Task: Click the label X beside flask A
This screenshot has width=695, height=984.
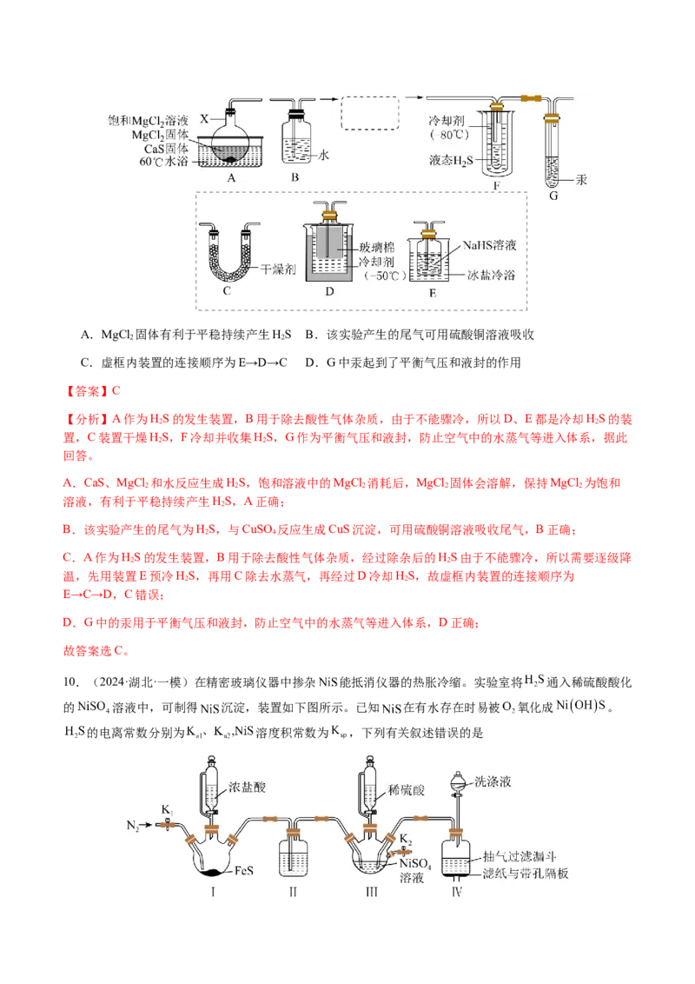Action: tap(204, 118)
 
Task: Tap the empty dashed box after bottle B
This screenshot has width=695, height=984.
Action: tap(370, 113)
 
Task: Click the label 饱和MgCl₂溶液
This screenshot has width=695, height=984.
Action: tap(148, 121)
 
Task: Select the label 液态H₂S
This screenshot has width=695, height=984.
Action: tap(451, 161)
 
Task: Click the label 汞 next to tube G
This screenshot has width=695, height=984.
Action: tap(581, 180)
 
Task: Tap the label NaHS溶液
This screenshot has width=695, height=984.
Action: tap(489, 245)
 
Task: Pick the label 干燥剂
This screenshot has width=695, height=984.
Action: tap(278, 269)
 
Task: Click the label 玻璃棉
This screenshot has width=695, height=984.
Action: tap(377, 247)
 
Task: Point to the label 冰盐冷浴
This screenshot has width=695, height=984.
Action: tap(491, 275)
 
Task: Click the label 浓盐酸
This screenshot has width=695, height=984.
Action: tap(247, 787)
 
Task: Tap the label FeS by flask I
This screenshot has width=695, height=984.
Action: tap(243, 870)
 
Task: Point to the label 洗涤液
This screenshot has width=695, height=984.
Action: tap(493, 781)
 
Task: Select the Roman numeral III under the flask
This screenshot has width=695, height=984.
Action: tap(371, 892)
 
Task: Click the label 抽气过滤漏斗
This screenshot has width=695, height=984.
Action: tap(520, 856)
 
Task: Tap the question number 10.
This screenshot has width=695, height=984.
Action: tap(71, 682)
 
